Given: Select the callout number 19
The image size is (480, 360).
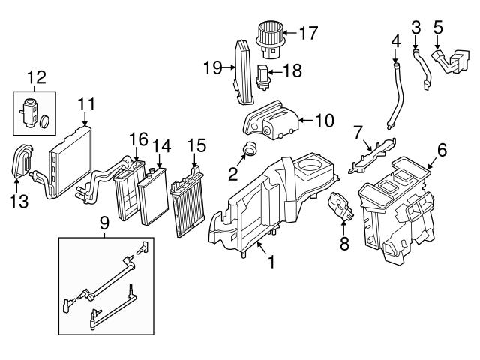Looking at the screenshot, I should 211,67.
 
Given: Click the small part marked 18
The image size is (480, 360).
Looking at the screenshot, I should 264,76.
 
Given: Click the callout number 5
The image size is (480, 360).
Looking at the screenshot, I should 439,28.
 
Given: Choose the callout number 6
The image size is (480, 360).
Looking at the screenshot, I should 442,151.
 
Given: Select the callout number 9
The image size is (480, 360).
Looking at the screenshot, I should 103,222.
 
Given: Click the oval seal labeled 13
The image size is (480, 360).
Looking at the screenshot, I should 22,161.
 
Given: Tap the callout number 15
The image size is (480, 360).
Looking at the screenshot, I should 196,143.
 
